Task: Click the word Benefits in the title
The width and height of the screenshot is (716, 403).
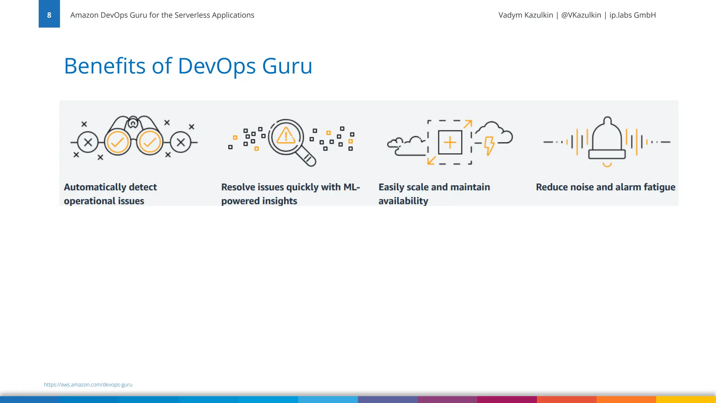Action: click(x=105, y=66)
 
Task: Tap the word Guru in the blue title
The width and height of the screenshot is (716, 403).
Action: click(x=287, y=66)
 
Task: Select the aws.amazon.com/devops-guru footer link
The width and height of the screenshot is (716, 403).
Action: click(x=88, y=384)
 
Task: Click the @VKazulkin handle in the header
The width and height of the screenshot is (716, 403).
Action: click(x=581, y=15)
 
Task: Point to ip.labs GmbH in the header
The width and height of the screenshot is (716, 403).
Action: click(x=632, y=15)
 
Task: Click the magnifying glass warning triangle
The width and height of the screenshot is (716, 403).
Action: click(x=286, y=135)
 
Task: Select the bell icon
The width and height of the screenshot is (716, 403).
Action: click(x=607, y=140)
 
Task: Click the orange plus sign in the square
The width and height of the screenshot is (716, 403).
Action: click(x=450, y=142)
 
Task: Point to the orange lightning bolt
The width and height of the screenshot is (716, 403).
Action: click(x=489, y=145)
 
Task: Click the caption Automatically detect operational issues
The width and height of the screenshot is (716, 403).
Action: click(x=110, y=194)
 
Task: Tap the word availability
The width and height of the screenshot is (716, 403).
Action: click(x=403, y=201)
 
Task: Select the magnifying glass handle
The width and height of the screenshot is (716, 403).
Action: click(x=308, y=158)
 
